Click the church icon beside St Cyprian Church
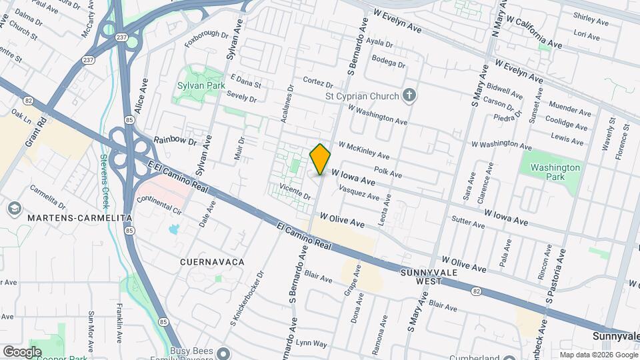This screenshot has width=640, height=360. (x=410, y=95)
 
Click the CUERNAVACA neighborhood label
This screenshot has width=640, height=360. (x=212, y=262)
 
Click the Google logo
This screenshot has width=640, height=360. (x=22, y=351)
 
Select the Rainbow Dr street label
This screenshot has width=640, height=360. (x=176, y=141)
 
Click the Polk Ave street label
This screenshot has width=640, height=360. (x=388, y=173)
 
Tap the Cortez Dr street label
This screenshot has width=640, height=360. (x=317, y=83)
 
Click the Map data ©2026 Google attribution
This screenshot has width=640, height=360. (x=598, y=355)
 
